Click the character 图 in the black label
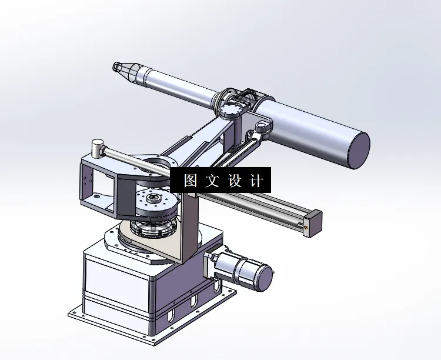[191, 181]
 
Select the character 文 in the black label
[212, 181]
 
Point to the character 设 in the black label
[234, 181]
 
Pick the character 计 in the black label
[256, 181]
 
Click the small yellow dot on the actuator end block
[307, 224]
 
